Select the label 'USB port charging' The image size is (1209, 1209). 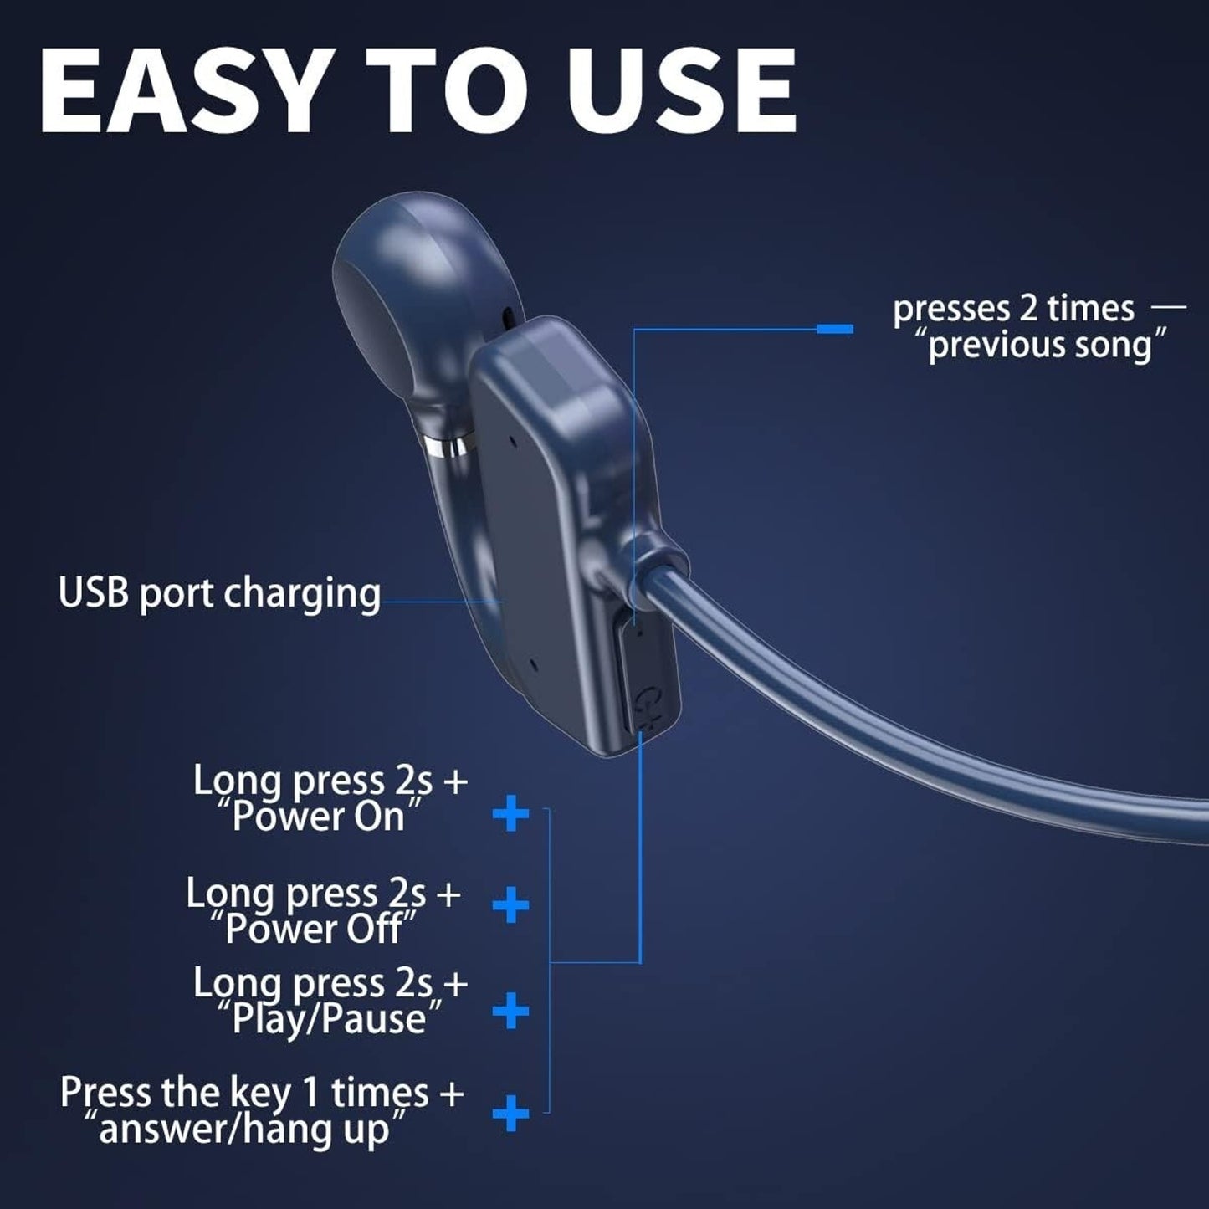(x=219, y=593)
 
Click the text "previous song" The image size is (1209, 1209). (x=1047, y=345)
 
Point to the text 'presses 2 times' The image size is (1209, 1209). (x=1013, y=309)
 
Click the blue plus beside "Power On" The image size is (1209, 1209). (x=510, y=814)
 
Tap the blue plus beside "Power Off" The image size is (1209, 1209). (x=510, y=906)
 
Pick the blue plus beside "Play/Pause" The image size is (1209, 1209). (x=510, y=1012)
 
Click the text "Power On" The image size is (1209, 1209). (x=318, y=817)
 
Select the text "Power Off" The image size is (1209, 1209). (x=314, y=929)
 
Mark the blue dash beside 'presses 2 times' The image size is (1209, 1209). (x=835, y=329)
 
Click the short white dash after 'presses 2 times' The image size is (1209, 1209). (x=1168, y=308)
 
